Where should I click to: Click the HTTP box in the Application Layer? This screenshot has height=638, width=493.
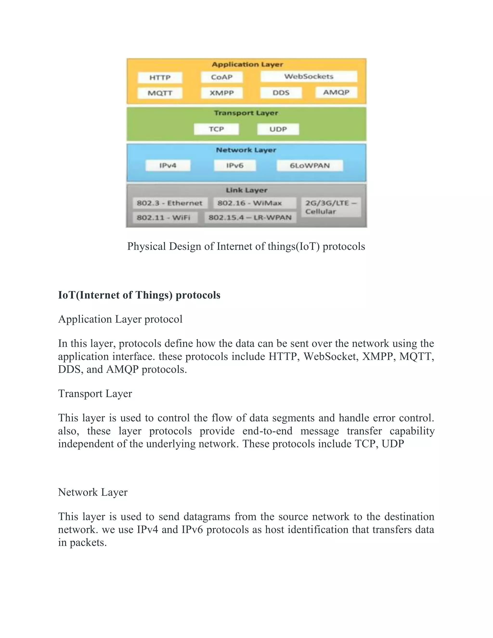pos(160,78)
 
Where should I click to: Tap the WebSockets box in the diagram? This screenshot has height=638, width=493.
pos(309,77)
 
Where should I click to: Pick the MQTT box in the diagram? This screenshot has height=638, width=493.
pos(160,93)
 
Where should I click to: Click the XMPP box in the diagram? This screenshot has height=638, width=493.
pos(222,93)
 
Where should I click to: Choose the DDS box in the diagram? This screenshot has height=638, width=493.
pos(281,93)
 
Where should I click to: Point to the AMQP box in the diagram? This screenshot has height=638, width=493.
pos(336,92)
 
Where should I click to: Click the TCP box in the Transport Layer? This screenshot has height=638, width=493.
pos(216,129)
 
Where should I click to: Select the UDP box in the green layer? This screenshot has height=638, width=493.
pos(278,129)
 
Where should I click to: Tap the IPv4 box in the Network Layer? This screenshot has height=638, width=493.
pos(168,166)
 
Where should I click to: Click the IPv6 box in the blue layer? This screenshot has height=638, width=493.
pos(235,166)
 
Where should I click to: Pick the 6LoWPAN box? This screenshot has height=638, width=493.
pos(310,166)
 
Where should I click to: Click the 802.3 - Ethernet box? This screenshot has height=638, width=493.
pos(170,203)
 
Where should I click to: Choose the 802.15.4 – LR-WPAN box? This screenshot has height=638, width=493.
pos(250,218)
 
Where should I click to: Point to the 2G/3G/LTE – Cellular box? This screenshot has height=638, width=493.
pos(331,207)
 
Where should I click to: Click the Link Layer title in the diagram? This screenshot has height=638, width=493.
pos(246,190)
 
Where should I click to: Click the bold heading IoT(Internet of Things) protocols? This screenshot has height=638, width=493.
pos(139,295)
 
